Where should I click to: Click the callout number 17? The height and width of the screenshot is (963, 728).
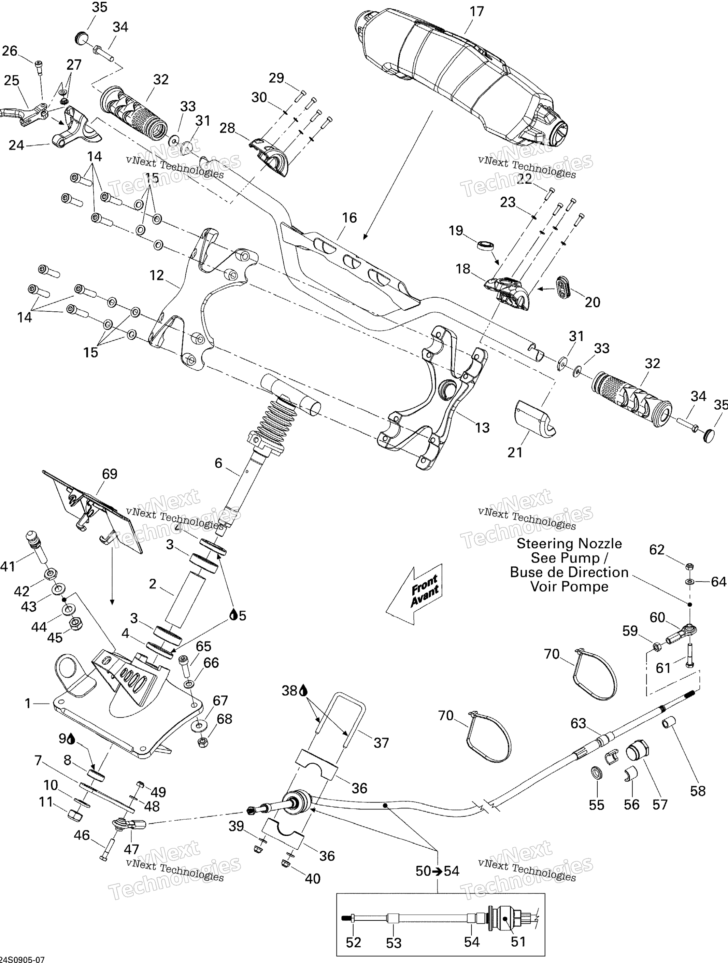pyautogui.click(x=477, y=12)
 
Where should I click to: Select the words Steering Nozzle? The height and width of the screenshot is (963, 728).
pyautogui.click(x=569, y=543)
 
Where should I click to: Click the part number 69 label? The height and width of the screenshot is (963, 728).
pyautogui.click(x=110, y=474)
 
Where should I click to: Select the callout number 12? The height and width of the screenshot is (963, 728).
pyautogui.click(x=156, y=275)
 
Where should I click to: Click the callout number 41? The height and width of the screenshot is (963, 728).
pyautogui.click(x=8, y=566)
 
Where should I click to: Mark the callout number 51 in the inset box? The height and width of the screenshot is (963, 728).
pyautogui.click(x=518, y=942)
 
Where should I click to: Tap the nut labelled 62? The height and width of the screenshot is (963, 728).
pyautogui.click(x=689, y=566)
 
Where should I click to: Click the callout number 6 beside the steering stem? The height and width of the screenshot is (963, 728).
pyautogui.click(x=218, y=463)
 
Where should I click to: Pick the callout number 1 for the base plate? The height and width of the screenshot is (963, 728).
pyautogui.click(x=28, y=703)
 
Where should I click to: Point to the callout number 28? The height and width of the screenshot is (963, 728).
pyautogui.click(x=227, y=128)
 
